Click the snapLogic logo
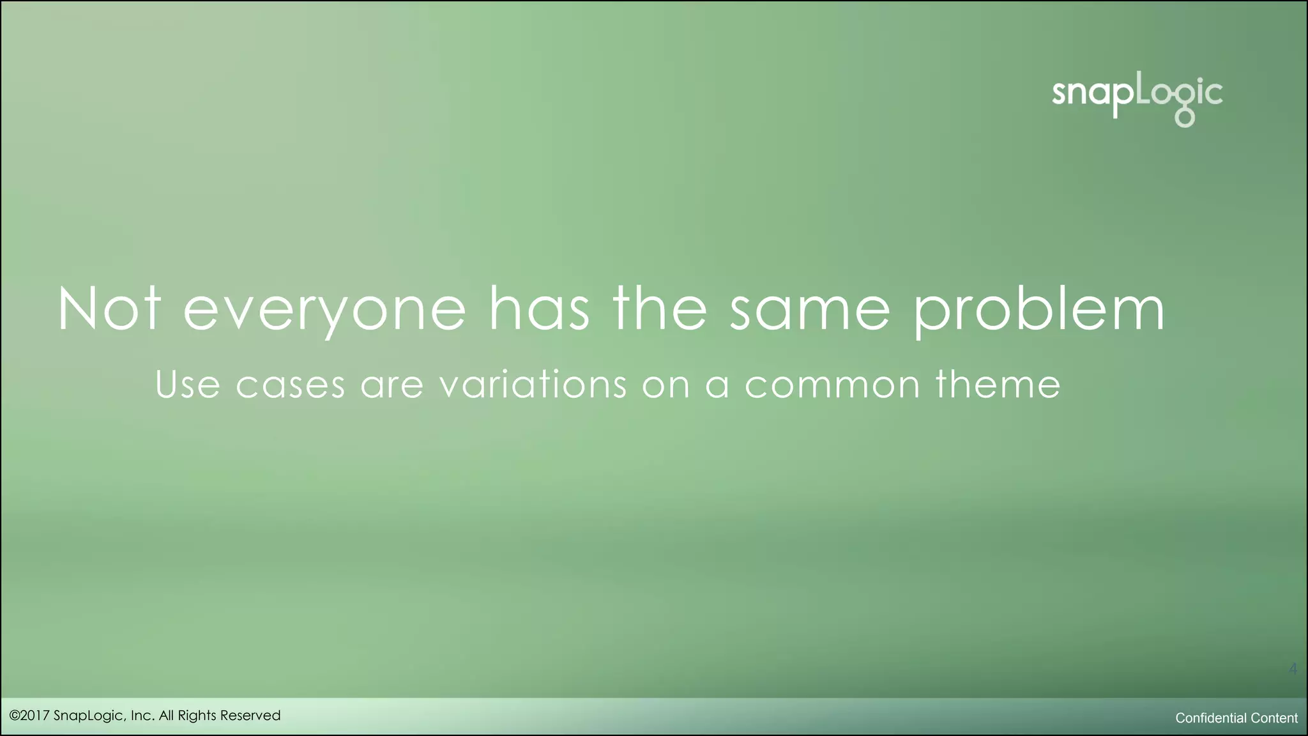(1137, 99)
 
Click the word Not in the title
(109, 309)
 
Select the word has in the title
(539, 309)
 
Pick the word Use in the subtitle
(188, 385)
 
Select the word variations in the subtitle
(533, 385)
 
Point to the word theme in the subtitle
(998, 385)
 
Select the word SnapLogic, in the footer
(90, 716)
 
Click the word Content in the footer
(1274, 718)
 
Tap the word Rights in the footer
(197, 716)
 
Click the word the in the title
(660, 309)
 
